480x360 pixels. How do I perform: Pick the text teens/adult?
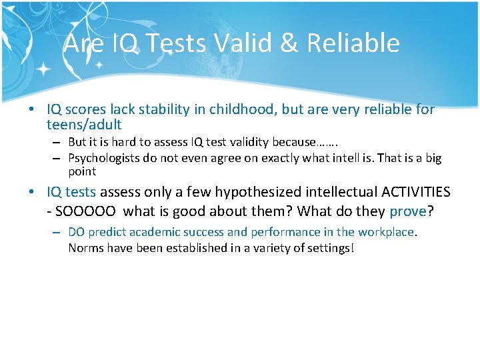pos(84,125)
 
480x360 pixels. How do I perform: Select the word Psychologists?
pos(101,158)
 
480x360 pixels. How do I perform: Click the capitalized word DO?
pos(76,233)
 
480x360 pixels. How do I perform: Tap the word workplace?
pos(386,233)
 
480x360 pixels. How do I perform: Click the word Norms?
pos(85,248)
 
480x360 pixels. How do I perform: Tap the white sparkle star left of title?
pos(45,69)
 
